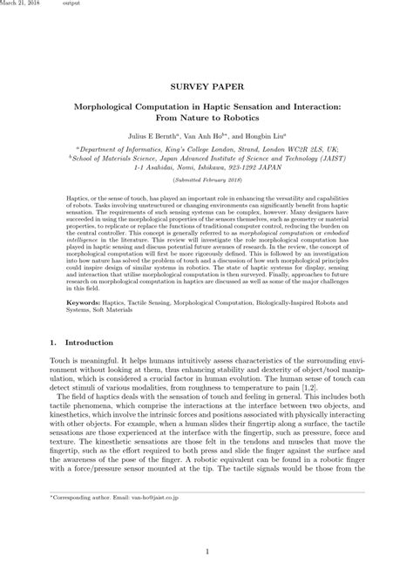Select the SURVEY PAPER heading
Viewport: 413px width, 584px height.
pos(206,88)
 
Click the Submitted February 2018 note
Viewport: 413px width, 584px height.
pos(206,192)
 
